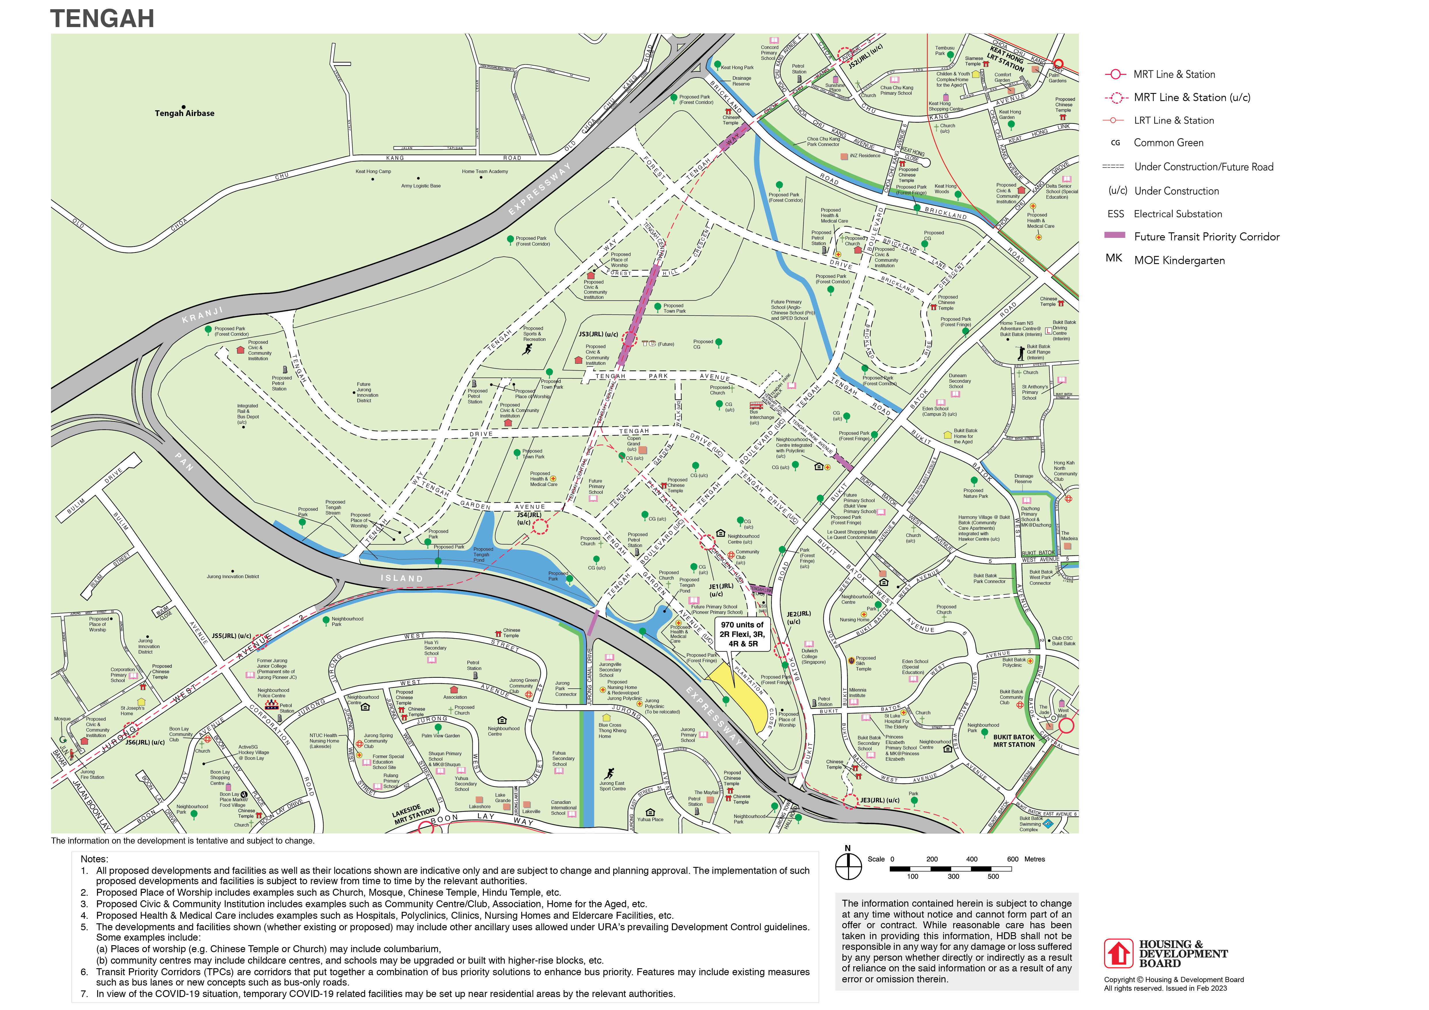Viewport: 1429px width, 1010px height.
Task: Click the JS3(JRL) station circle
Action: pyautogui.click(x=630, y=339)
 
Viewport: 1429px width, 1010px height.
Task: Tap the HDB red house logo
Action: pyautogui.click(x=1118, y=953)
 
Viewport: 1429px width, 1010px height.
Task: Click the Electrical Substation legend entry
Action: pyautogui.click(x=1178, y=214)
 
